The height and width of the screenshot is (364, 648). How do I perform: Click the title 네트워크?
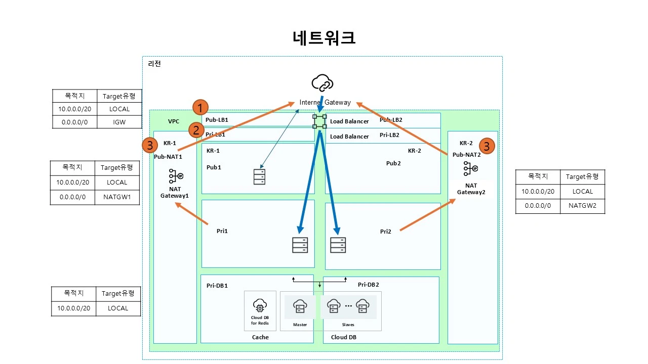tap(324, 38)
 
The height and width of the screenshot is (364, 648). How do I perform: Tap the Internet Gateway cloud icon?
tap(322, 83)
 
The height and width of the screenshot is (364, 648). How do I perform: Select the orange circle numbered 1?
tap(201, 108)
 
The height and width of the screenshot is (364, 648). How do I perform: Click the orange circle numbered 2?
tap(196, 130)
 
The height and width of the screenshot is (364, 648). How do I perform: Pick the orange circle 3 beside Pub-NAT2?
tap(486, 146)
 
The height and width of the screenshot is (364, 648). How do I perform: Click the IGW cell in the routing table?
tap(119, 122)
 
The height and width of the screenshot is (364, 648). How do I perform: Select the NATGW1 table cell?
tap(116, 197)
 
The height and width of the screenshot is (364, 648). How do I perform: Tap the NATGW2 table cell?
tap(582, 206)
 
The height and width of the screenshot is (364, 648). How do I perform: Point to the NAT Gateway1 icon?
tap(175, 176)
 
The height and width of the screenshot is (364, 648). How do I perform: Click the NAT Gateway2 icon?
tap(471, 169)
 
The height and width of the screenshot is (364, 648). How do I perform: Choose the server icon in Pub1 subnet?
tap(259, 176)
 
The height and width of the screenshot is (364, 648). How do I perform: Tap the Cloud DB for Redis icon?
tap(260, 306)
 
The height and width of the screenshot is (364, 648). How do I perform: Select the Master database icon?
tap(300, 306)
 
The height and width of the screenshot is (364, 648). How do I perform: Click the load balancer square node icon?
tap(319, 121)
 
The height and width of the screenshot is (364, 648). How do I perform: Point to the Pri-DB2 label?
tap(368, 285)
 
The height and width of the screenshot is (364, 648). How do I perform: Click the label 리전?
tap(154, 64)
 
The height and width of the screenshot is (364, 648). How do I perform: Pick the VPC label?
tap(174, 121)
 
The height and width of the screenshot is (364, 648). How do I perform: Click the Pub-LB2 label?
tap(390, 120)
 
